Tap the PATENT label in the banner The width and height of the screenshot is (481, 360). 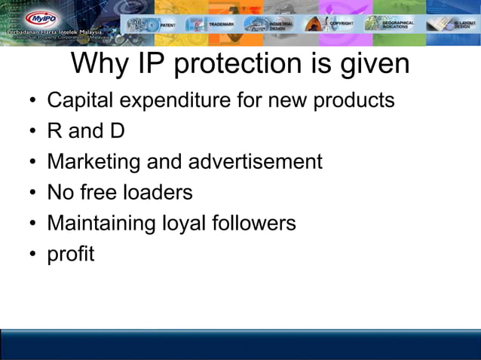click(x=167, y=24)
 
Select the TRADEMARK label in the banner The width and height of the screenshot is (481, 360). click(x=222, y=24)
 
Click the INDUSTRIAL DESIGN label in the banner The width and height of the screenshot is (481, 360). click(x=280, y=24)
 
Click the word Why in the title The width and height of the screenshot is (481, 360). click(x=101, y=64)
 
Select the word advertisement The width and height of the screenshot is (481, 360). click(x=256, y=162)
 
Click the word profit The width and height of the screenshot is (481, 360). click(x=71, y=255)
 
